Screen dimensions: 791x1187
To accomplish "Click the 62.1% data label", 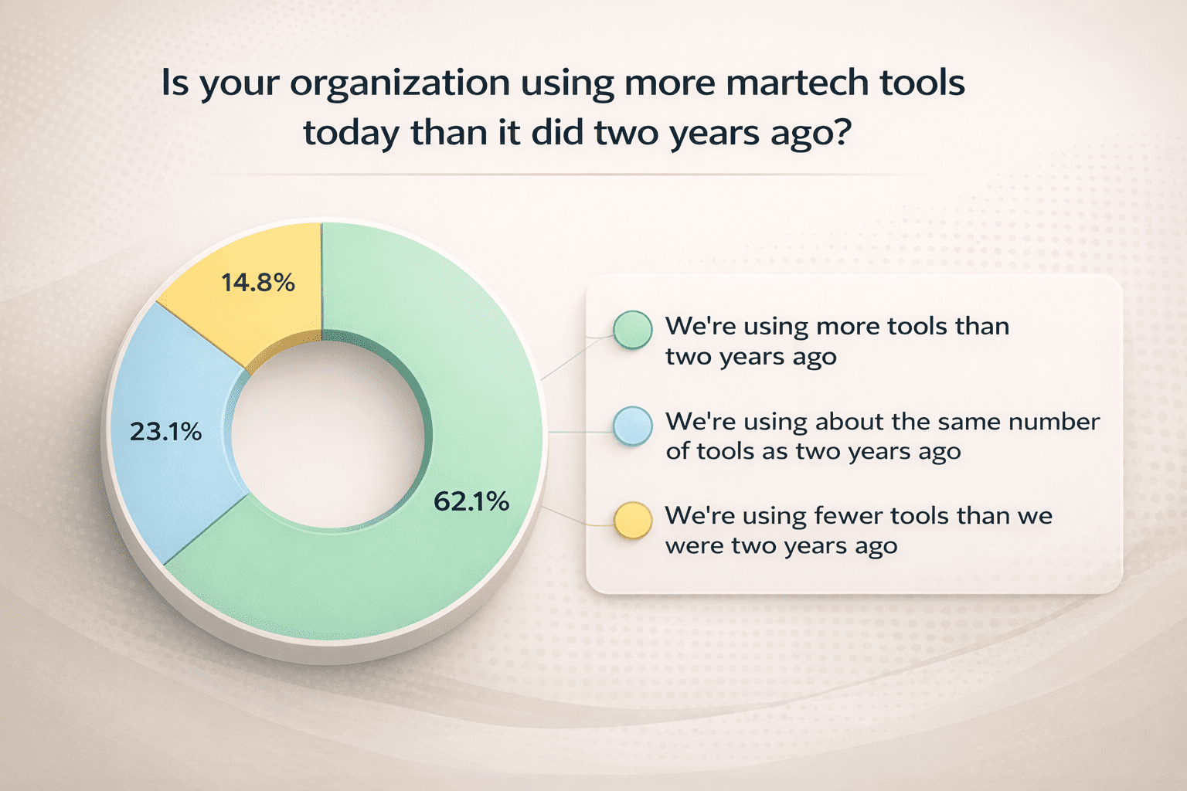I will coord(471,502).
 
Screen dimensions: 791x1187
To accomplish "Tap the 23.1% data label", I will coord(165,432).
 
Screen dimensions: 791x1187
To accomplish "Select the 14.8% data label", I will coord(258,283).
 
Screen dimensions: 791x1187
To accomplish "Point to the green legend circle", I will coord(633,331).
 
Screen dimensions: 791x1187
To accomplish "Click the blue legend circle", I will coord(633,426).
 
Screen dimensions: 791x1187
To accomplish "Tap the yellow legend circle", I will coord(633,521).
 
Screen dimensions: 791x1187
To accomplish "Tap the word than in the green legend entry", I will coord(981,327).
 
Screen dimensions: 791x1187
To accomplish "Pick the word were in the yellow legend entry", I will coord(693,546).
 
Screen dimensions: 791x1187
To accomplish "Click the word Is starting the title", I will coord(175,83).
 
